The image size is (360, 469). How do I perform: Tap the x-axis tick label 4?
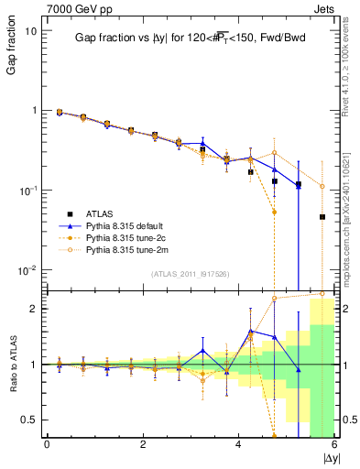[239, 446]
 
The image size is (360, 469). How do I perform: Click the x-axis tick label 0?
[47, 446]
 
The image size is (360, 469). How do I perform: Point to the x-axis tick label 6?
[334, 446]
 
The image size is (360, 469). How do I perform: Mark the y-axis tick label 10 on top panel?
[30, 30]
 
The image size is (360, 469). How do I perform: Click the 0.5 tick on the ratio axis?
[28, 420]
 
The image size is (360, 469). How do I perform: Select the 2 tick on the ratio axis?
[33, 309]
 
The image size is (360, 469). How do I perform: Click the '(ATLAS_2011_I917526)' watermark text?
[191, 274]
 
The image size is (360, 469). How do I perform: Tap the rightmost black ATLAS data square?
[322, 217]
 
